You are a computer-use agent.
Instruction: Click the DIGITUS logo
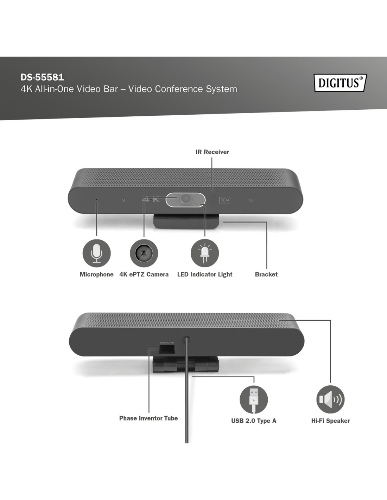(340, 83)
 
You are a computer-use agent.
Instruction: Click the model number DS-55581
(42, 77)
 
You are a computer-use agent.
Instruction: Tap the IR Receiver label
(212, 152)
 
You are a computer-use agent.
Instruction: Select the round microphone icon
(97, 253)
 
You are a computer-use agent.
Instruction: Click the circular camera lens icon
(144, 253)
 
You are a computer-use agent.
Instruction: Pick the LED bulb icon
(205, 253)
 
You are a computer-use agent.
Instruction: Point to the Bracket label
(266, 274)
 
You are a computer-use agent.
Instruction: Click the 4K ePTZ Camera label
(144, 274)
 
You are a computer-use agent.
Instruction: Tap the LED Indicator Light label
(205, 275)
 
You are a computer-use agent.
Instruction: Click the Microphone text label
(97, 275)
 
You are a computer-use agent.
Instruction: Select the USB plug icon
(254, 400)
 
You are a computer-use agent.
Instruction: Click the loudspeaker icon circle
(330, 400)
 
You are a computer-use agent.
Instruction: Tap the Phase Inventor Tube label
(148, 418)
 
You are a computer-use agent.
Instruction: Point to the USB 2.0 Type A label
(254, 421)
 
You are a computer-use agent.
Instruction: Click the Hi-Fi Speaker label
(330, 421)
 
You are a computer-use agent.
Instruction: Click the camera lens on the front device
(185, 199)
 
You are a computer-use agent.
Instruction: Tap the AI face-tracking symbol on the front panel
(225, 200)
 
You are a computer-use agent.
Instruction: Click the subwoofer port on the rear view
(167, 350)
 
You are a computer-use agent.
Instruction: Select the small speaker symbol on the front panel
(251, 200)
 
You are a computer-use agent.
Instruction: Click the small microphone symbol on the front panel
(123, 200)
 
